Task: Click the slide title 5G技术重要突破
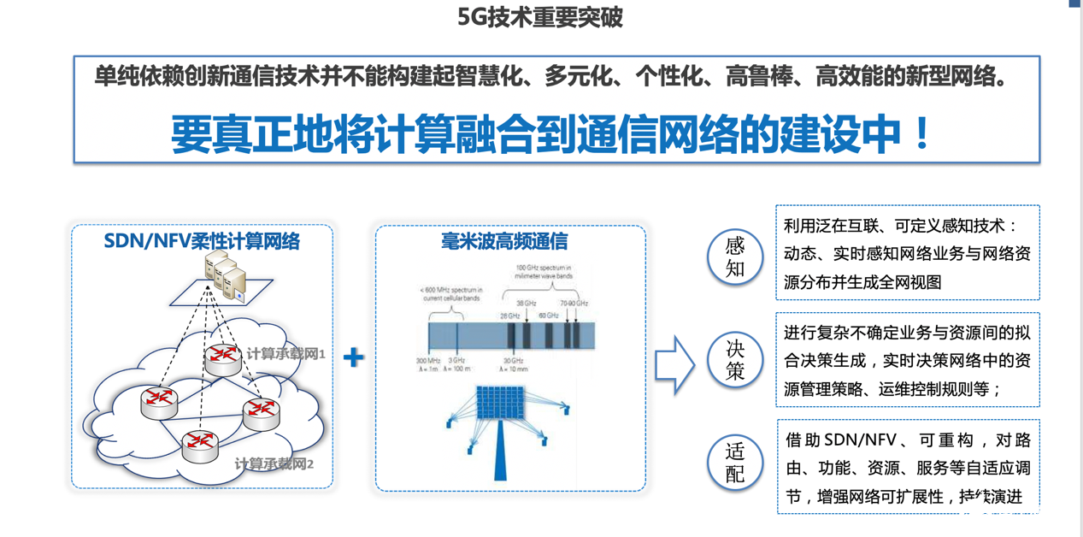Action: click(x=540, y=18)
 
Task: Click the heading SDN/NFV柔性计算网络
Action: click(x=202, y=241)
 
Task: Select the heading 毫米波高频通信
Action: click(x=509, y=241)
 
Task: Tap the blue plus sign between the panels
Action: click(x=353, y=357)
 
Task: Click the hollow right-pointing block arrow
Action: click(x=674, y=365)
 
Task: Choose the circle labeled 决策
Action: click(x=734, y=360)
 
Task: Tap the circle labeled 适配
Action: click(x=734, y=463)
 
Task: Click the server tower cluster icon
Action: click(x=225, y=274)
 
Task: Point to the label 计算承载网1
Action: click(x=285, y=353)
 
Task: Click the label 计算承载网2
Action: click(x=274, y=464)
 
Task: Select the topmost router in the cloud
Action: click(x=222, y=357)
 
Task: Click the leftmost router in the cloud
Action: click(x=159, y=401)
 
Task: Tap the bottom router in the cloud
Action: click(x=200, y=444)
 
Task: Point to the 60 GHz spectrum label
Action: click(x=547, y=316)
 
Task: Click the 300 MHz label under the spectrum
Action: click(x=427, y=360)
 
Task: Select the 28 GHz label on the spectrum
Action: click(x=510, y=316)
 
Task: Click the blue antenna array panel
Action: click(x=501, y=409)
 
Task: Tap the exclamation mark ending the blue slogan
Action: click(x=921, y=134)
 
